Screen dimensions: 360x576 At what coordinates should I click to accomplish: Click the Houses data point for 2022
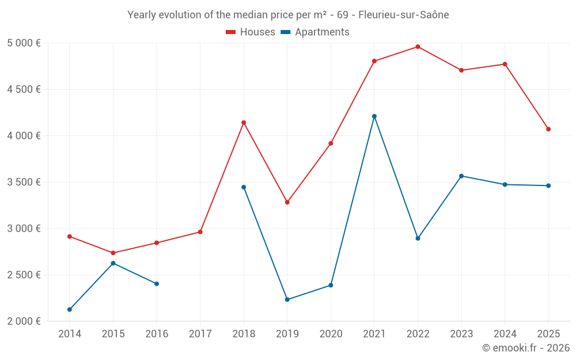click(418, 47)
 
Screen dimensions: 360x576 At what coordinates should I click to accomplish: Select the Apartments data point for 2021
click(374, 116)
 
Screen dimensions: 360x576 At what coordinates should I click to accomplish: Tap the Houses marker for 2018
click(244, 123)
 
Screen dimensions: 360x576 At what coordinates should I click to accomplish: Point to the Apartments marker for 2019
click(287, 300)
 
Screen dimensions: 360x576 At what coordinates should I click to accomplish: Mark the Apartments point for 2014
click(70, 309)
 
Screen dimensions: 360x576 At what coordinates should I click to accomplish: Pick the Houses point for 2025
click(548, 129)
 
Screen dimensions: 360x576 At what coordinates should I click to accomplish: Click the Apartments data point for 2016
click(157, 284)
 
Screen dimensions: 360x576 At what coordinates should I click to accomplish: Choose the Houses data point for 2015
click(113, 253)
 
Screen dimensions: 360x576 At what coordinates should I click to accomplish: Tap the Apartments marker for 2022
click(418, 238)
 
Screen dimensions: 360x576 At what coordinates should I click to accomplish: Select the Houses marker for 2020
click(331, 143)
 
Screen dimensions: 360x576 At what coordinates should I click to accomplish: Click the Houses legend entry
click(251, 32)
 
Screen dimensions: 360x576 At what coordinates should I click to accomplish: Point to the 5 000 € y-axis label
click(24, 43)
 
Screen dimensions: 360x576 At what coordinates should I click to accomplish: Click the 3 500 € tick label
click(24, 182)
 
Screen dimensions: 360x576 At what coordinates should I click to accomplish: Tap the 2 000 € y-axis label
click(24, 321)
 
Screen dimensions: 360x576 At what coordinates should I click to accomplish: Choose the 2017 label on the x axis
click(200, 334)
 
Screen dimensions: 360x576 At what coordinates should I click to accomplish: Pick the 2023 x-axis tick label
click(461, 334)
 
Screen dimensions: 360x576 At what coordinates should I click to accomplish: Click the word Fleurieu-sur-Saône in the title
click(403, 15)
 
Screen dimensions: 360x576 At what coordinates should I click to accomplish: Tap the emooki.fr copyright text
click(526, 348)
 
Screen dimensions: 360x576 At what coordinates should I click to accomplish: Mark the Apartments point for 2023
click(461, 176)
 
